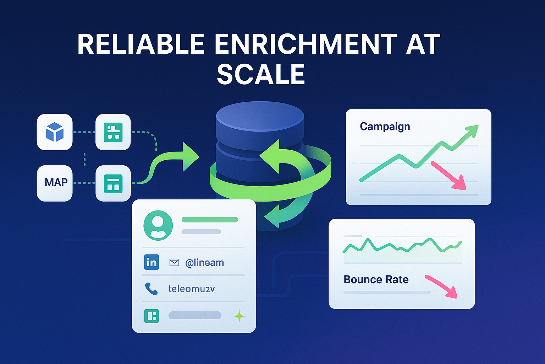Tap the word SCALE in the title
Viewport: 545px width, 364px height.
(261, 74)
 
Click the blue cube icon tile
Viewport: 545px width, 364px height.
(55, 132)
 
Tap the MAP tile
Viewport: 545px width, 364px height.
(55, 183)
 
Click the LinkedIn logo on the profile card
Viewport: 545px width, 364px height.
(152, 262)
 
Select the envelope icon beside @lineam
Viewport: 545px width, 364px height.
(174, 263)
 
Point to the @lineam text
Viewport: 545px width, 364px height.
(204, 263)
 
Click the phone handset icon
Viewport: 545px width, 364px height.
(151, 289)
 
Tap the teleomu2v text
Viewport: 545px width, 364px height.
(191, 289)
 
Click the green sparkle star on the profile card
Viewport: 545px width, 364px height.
(239, 316)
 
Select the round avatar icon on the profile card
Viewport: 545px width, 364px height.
(158, 225)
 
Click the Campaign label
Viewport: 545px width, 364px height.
(385, 127)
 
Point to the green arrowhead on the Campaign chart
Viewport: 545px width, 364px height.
(472, 130)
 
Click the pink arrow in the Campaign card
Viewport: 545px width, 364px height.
(449, 176)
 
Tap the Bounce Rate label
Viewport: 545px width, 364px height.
(376, 280)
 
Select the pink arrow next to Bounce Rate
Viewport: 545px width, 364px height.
(442, 286)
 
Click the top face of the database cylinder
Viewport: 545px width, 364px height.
(260, 116)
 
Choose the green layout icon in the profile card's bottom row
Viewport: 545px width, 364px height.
(152, 316)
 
